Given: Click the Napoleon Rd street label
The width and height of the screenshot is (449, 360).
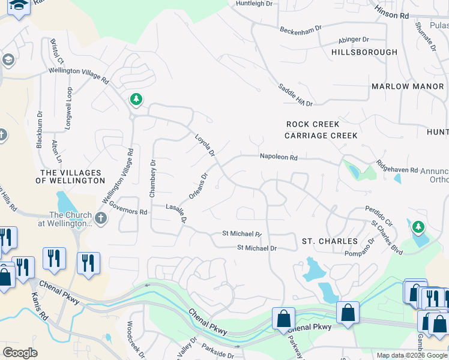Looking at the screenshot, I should pos(279,157).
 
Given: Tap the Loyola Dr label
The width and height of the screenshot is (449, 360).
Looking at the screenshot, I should pos(205,146).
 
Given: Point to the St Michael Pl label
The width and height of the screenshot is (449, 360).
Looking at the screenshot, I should pos(242,233).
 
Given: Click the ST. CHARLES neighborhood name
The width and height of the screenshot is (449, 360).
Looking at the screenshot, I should pos(330,241).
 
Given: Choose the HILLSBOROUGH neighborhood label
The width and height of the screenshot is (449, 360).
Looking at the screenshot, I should pos(364,52).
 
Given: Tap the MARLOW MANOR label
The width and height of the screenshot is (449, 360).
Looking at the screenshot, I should pos(407,86).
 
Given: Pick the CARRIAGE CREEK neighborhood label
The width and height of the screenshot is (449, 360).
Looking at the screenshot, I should pos(321,136).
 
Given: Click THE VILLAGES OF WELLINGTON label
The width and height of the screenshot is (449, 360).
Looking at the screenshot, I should pos(70,176).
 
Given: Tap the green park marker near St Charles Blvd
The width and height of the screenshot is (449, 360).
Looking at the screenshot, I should pos(418,227).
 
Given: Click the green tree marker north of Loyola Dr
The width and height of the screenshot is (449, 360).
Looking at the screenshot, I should pos(136,99).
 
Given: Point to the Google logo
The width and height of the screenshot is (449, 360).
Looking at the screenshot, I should pos(20,353).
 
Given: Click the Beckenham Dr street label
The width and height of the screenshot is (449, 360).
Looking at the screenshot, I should pos(300,28).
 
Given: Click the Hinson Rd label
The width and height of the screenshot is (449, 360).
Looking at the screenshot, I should pos(391,10).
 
